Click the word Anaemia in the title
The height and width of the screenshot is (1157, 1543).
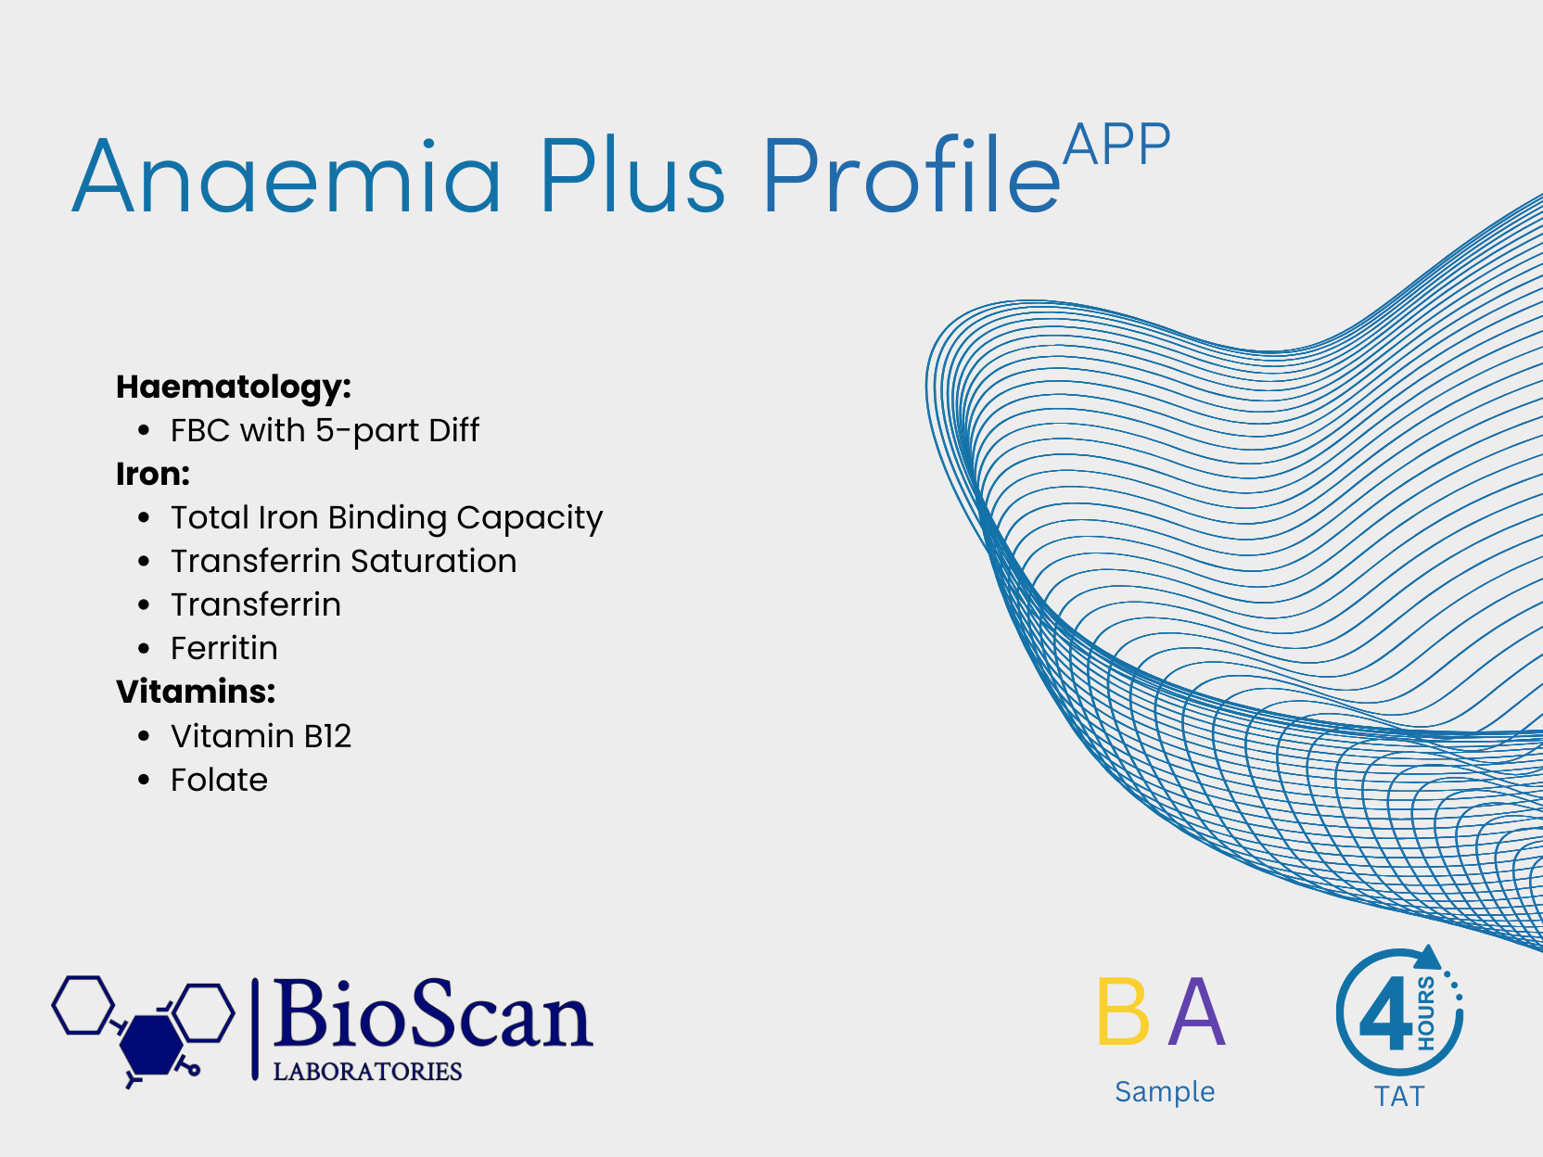point(287,175)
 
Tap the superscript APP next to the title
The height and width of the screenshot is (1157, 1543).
point(1116,144)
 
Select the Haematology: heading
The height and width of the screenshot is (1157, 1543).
point(234,388)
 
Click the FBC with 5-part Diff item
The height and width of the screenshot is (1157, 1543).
point(325,430)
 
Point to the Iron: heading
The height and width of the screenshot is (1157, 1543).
point(153,474)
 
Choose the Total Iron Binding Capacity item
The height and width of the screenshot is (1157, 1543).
point(387,518)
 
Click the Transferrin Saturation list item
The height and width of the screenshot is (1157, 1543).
point(344,561)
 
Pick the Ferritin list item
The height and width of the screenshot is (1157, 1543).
point(224,648)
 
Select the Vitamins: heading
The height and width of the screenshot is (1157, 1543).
point(196,692)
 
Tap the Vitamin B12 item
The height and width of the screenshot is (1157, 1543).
point(261,736)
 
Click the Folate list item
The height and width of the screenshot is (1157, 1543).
point(220,780)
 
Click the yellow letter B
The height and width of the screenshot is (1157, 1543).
point(1123,1011)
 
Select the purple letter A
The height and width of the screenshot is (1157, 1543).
point(1196,1011)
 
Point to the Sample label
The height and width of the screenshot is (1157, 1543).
point(1165,1092)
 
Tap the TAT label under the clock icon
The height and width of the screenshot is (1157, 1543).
point(1399,1097)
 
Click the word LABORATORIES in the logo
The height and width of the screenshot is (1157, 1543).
point(367,1072)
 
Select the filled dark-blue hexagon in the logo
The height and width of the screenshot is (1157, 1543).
point(150,1045)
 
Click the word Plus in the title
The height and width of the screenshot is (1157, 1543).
point(632,175)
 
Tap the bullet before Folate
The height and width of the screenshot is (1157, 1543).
point(144,780)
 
